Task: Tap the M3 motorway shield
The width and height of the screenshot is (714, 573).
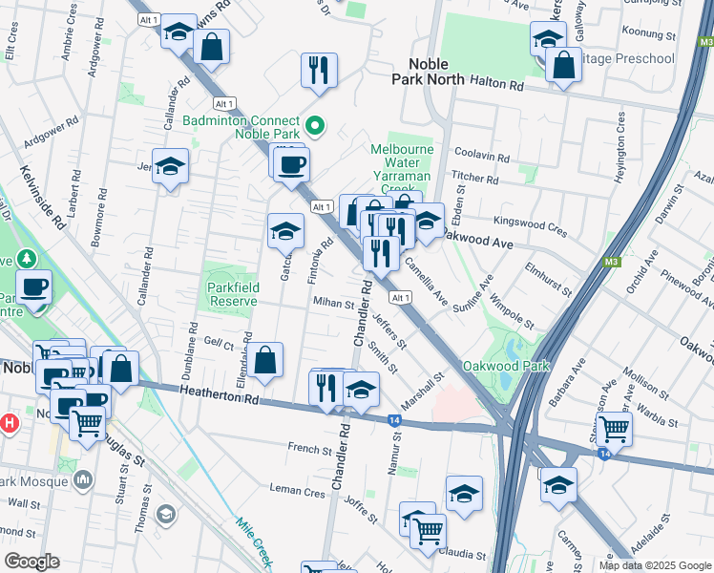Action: [x=612, y=262]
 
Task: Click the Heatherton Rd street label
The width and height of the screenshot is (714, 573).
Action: [x=210, y=392]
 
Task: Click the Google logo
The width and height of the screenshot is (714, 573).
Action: [x=32, y=562]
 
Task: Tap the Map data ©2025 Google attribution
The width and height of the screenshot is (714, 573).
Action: [x=655, y=565]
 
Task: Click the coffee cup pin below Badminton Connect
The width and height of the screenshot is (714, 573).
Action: [x=292, y=163]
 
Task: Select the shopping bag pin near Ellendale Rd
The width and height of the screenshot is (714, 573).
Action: [x=267, y=360]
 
